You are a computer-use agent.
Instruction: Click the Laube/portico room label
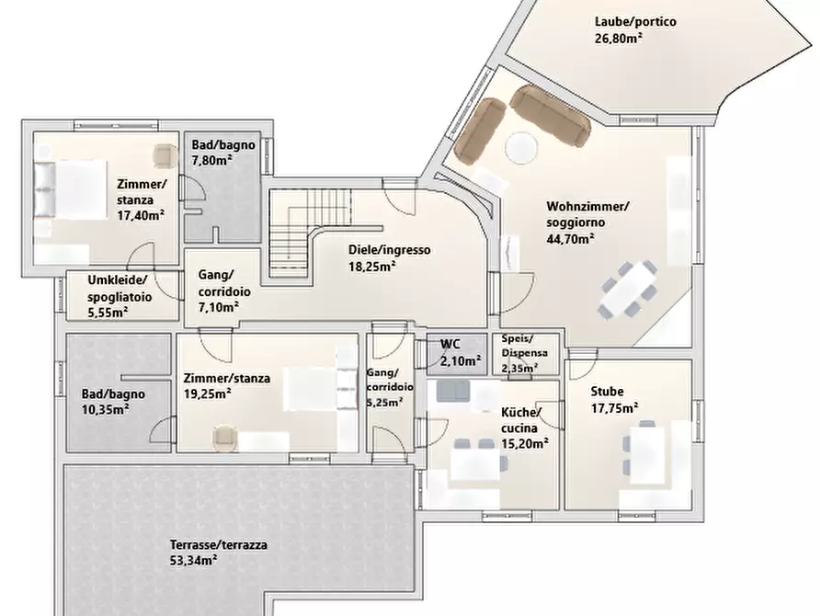point(635,22)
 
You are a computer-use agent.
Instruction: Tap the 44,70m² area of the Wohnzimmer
point(570,239)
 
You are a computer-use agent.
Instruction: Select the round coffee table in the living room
point(521,148)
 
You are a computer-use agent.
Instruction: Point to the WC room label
point(450,344)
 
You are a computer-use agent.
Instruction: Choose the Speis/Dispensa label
point(525,346)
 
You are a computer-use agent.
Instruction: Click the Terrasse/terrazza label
point(218,545)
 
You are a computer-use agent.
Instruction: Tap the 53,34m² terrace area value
point(194,561)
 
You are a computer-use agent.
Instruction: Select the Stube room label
point(607,392)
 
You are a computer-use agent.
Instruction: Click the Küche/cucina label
point(521,420)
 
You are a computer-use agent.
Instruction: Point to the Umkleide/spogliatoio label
point(120,288)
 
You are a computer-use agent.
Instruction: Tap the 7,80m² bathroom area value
point(212,160)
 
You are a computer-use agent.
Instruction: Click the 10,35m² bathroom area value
point(105,410)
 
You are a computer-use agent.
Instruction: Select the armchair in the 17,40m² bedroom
point(166,155)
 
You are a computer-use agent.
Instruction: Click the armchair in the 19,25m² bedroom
point(225,439)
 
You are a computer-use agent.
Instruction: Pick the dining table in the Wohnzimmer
point(628,289)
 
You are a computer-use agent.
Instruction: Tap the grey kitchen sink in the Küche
point(453,392)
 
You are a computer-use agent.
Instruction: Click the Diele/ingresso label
point(390,250)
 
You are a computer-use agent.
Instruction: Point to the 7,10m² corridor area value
point(219,307)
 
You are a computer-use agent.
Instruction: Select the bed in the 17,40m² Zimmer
point(71,189)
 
